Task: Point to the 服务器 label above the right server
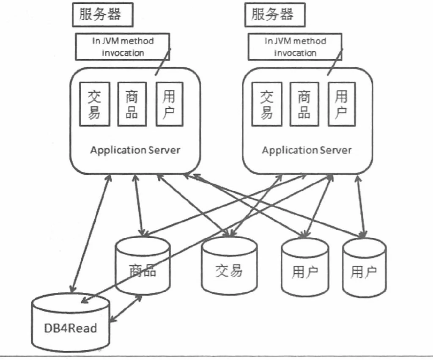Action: (x=272, y=14)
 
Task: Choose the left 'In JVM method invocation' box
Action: (x=123, y=47)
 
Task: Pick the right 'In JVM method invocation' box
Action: (x=295, y=47)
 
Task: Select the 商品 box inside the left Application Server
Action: (x=132, y=104)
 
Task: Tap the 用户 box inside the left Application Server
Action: (x=170, y=104)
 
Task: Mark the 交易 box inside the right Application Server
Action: (x=266, y=104)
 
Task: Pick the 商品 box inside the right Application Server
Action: (x=304, y=104)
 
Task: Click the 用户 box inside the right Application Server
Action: (x=341, y=104)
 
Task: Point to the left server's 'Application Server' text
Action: (x=135, y=150)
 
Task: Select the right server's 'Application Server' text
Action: (x=307, y=150)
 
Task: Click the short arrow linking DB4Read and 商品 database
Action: (x=126, y=309)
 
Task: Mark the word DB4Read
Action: (x=71, y=328)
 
